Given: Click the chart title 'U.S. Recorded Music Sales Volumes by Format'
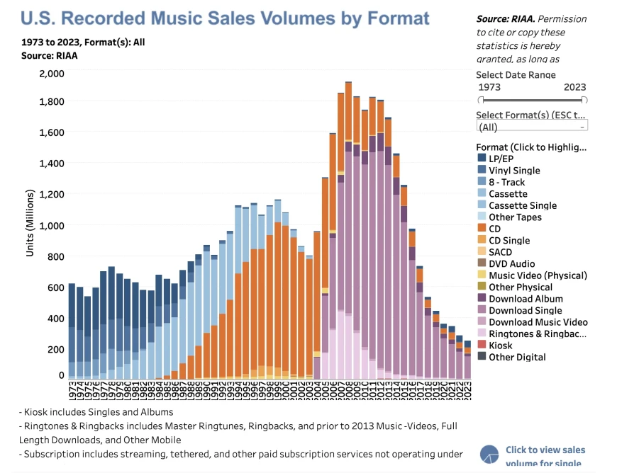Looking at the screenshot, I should (226, 18).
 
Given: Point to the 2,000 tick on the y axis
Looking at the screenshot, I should (52, 73).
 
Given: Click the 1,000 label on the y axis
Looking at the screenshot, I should (52, 225).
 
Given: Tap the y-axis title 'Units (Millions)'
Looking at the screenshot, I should (30, 223).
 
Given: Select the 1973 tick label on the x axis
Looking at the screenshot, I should (72, 390).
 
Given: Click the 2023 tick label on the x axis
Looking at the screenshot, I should (467, 390).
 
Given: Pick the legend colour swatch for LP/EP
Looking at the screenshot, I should (482, 159).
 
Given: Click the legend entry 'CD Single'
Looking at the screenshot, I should (508, 240).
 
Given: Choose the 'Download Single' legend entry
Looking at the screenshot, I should (525, 310).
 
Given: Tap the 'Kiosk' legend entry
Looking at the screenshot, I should (501, 346).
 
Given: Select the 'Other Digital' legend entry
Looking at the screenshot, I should (517, 357).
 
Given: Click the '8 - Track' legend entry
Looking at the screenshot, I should (506, 182).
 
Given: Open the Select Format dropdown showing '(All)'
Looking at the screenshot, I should (532, 127).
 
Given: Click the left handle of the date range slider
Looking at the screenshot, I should (480, 100).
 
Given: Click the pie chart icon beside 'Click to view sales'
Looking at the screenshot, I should (490, 455).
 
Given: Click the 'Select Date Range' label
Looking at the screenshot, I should (516, 74).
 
